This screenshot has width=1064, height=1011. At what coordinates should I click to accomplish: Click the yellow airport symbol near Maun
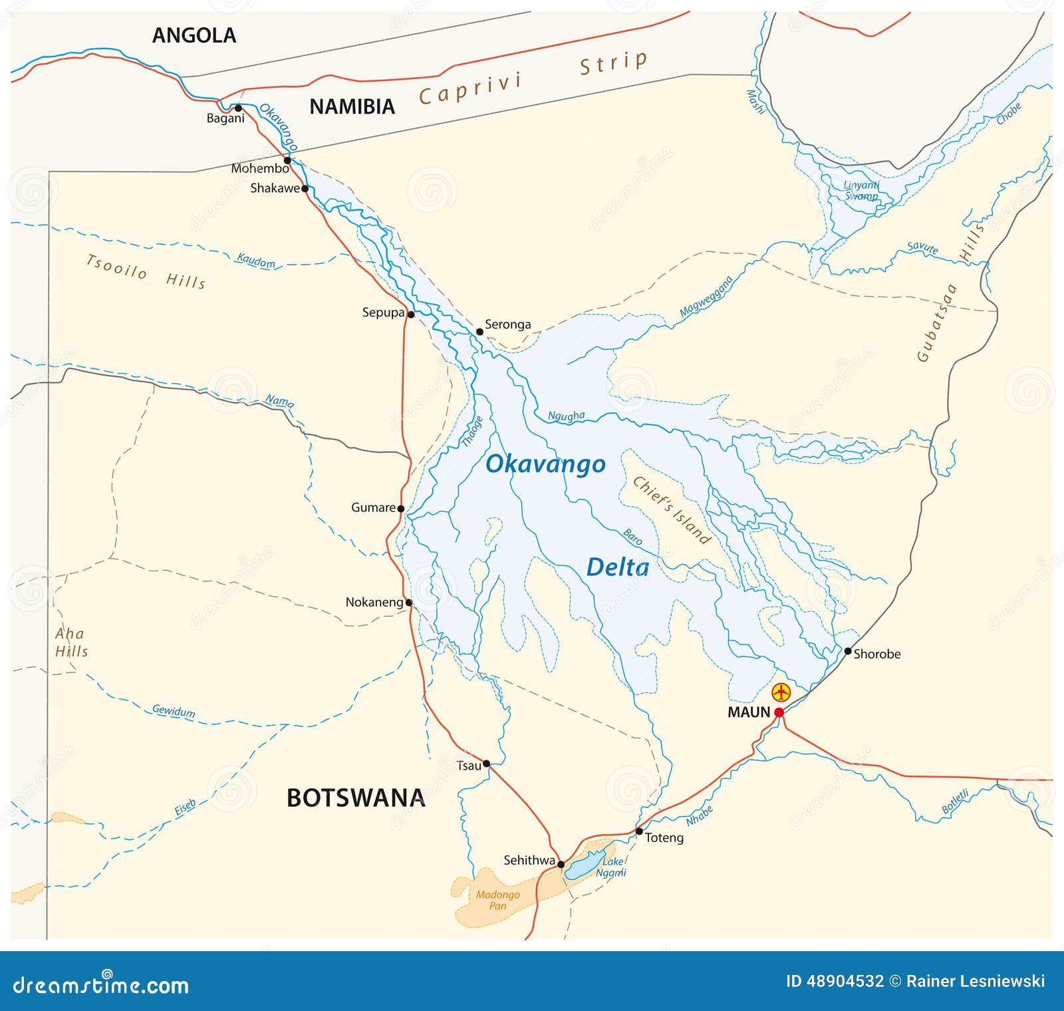(781, 692)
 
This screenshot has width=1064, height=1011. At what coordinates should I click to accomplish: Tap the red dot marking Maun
(779, 712)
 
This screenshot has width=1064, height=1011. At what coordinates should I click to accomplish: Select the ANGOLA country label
(194, 35)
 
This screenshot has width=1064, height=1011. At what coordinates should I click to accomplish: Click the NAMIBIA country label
(352, 106)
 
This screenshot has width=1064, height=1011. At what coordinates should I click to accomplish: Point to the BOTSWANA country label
(355, 797)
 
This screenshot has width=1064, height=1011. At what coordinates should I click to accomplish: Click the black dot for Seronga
(479, 331)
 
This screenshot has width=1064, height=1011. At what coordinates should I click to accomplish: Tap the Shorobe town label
(876, 654)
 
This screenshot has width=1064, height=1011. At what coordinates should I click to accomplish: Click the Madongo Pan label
(497, 900)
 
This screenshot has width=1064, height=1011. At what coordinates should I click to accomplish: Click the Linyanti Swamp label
(861, 190)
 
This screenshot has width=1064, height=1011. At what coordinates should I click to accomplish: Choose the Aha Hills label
(70, 643)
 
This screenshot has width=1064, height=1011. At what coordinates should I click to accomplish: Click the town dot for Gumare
(400, 508)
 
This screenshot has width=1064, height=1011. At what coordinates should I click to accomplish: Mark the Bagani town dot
(238, 108)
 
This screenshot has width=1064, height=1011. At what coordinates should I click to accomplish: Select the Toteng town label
(664, 837)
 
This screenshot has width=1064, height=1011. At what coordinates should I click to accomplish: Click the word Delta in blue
(617, 567)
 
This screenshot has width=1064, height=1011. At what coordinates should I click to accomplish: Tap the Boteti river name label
(955, 801)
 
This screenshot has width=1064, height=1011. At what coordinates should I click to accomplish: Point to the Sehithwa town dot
(561, 864)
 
